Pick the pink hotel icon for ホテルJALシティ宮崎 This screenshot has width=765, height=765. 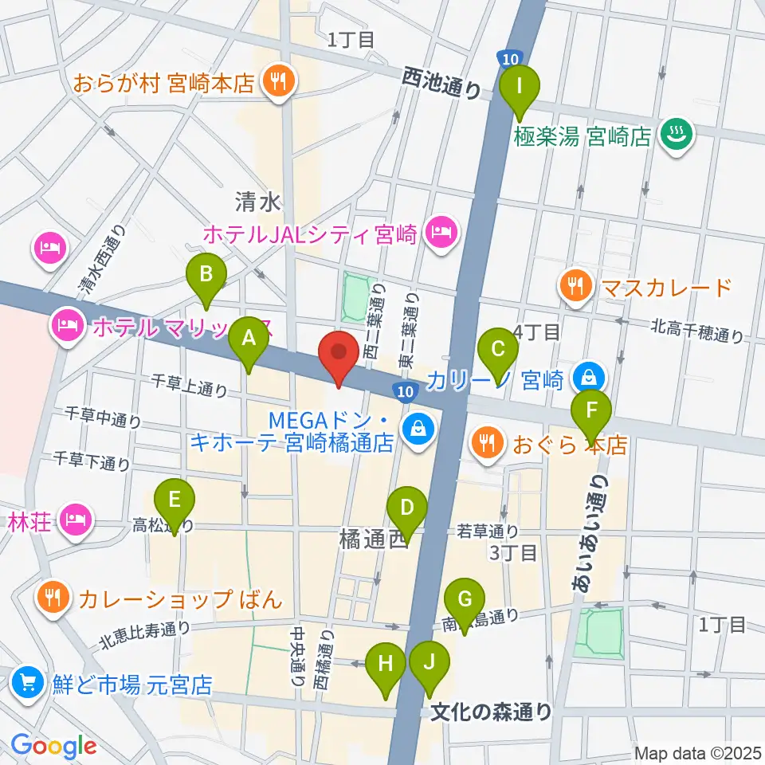[x=441, y=233]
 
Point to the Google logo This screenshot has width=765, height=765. [x=53, y=747]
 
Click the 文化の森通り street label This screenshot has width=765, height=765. [x=491, y=711]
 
